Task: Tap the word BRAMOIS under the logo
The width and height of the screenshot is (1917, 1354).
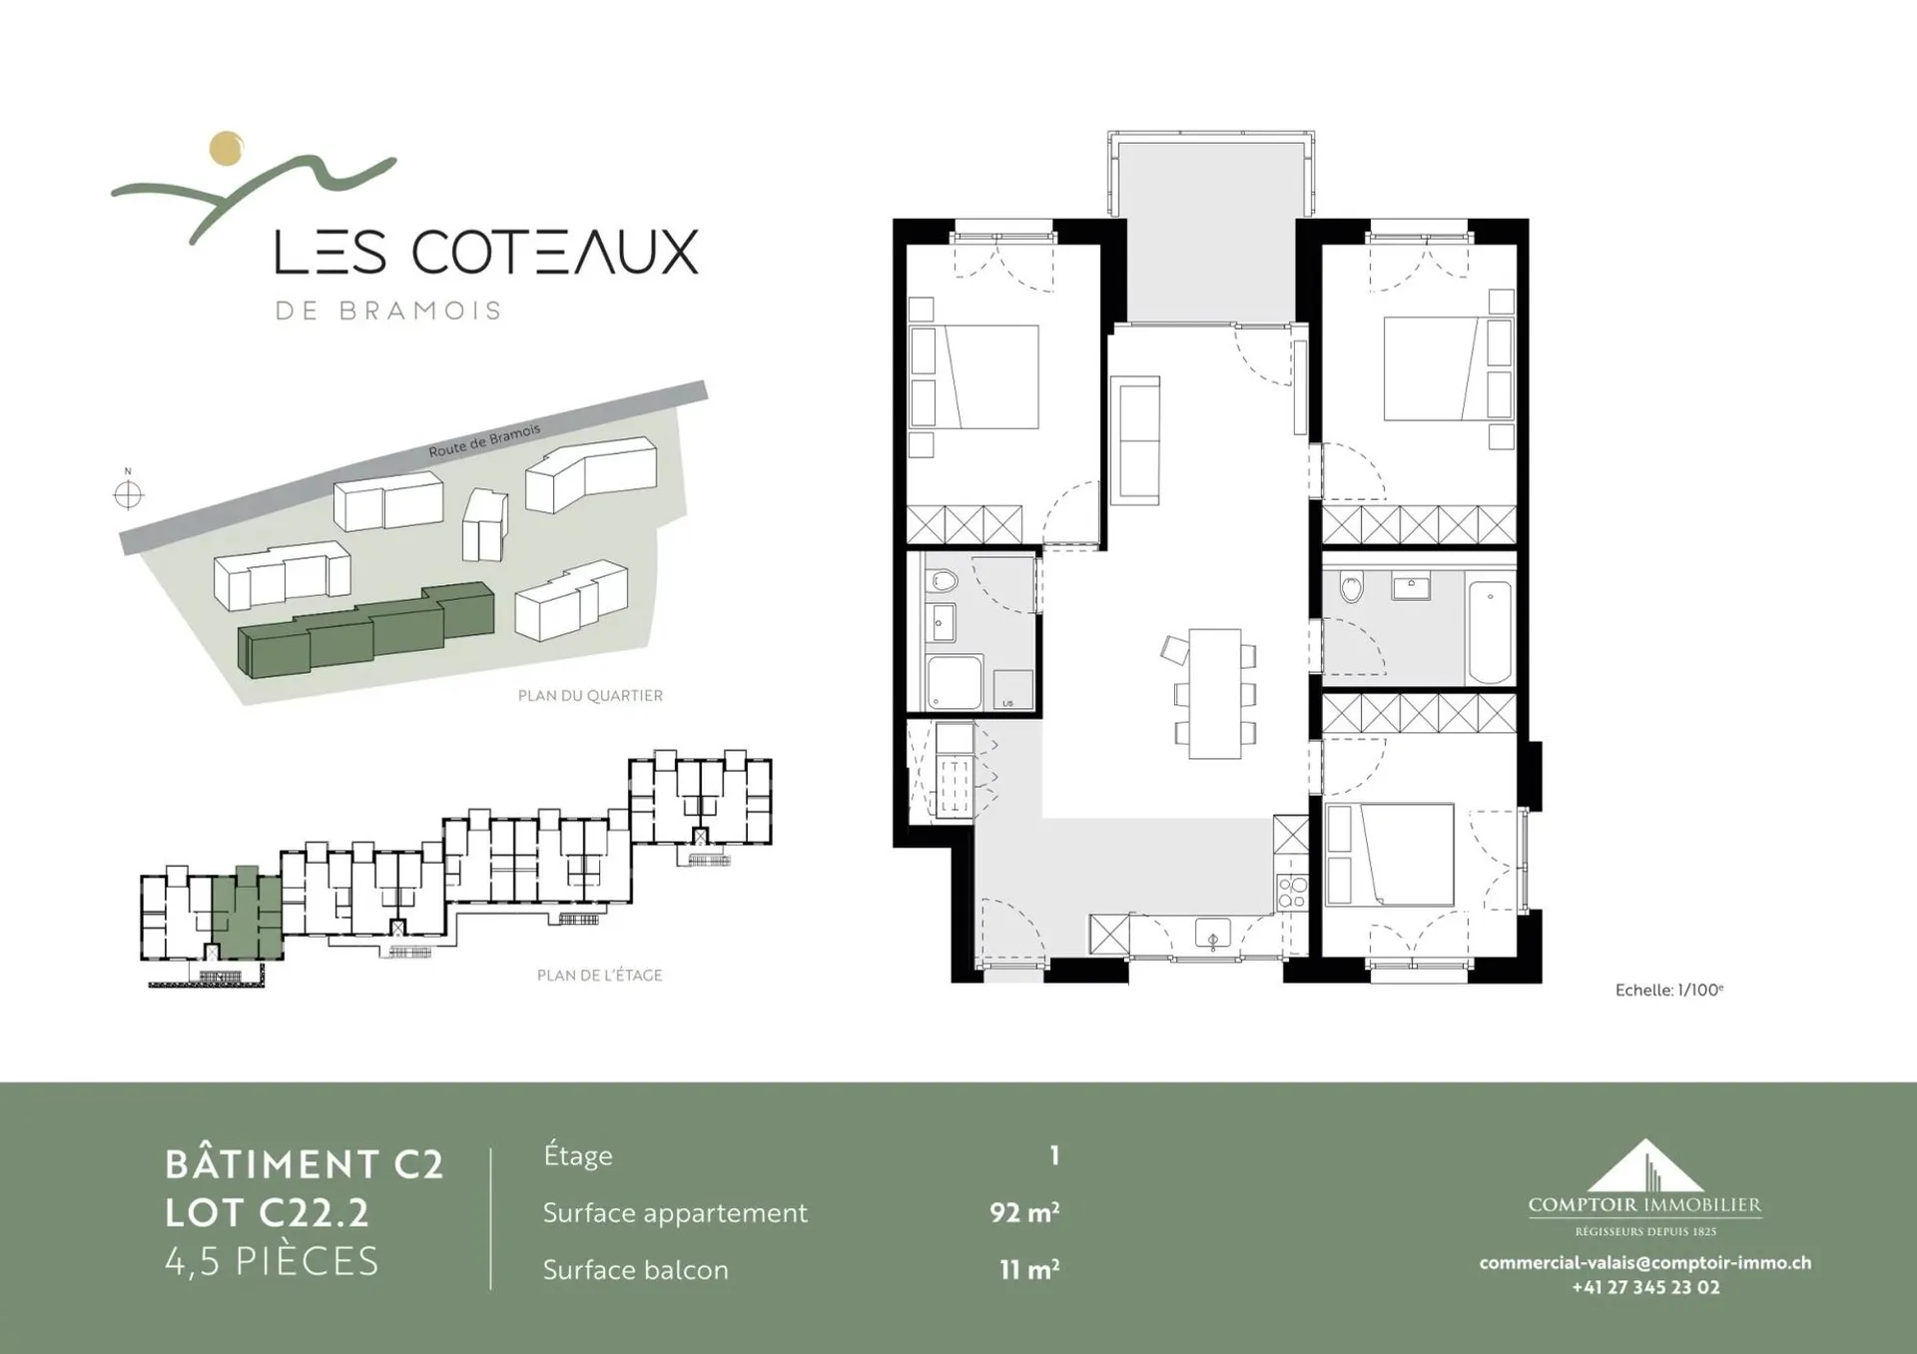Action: [420, 311]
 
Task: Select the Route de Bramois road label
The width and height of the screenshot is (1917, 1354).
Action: [484, 440]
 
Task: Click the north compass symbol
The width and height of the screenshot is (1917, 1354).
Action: [128, 494]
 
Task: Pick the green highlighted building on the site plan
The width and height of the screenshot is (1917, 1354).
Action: [365, 630]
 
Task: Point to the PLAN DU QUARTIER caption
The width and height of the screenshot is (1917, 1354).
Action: [590, 696]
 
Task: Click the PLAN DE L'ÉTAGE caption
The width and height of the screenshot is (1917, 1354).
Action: [599, 975]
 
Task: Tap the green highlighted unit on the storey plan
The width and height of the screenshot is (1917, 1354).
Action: [246, 915]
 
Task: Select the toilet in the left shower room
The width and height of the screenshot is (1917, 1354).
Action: [943, 581]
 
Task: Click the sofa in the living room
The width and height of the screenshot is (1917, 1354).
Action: [1135, 440]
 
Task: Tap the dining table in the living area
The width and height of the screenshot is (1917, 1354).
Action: [1214, 693]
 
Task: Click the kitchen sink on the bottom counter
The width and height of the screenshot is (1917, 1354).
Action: [1213, 934]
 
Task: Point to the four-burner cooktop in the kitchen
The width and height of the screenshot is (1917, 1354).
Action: [1291, 891]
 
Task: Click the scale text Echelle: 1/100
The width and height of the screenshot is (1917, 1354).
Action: [1669, 991]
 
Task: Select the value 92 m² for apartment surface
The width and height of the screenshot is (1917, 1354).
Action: [1024, 1212]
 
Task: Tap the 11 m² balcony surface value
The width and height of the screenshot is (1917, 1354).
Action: [1029, 1269]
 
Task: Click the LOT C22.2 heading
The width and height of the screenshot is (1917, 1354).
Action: [267, 1213]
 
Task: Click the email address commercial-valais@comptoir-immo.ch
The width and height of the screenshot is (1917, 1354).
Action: [1645, 1262]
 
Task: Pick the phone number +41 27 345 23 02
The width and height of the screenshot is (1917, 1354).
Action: [1645, 1287]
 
